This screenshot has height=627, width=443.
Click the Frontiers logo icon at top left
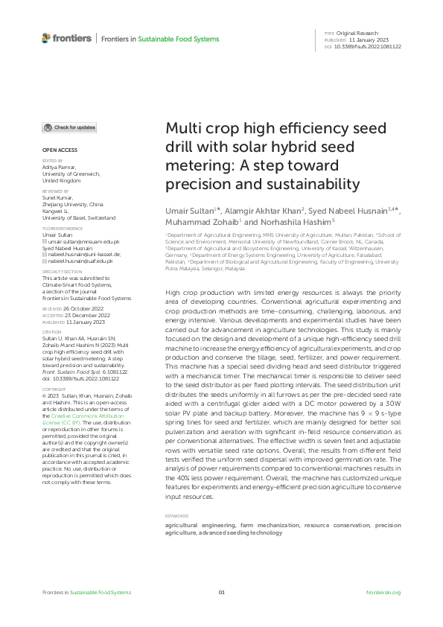click(47, 38)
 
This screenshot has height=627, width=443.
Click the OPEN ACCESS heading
click(55, 150)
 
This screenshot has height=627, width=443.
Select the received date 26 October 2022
click(80, 307)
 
